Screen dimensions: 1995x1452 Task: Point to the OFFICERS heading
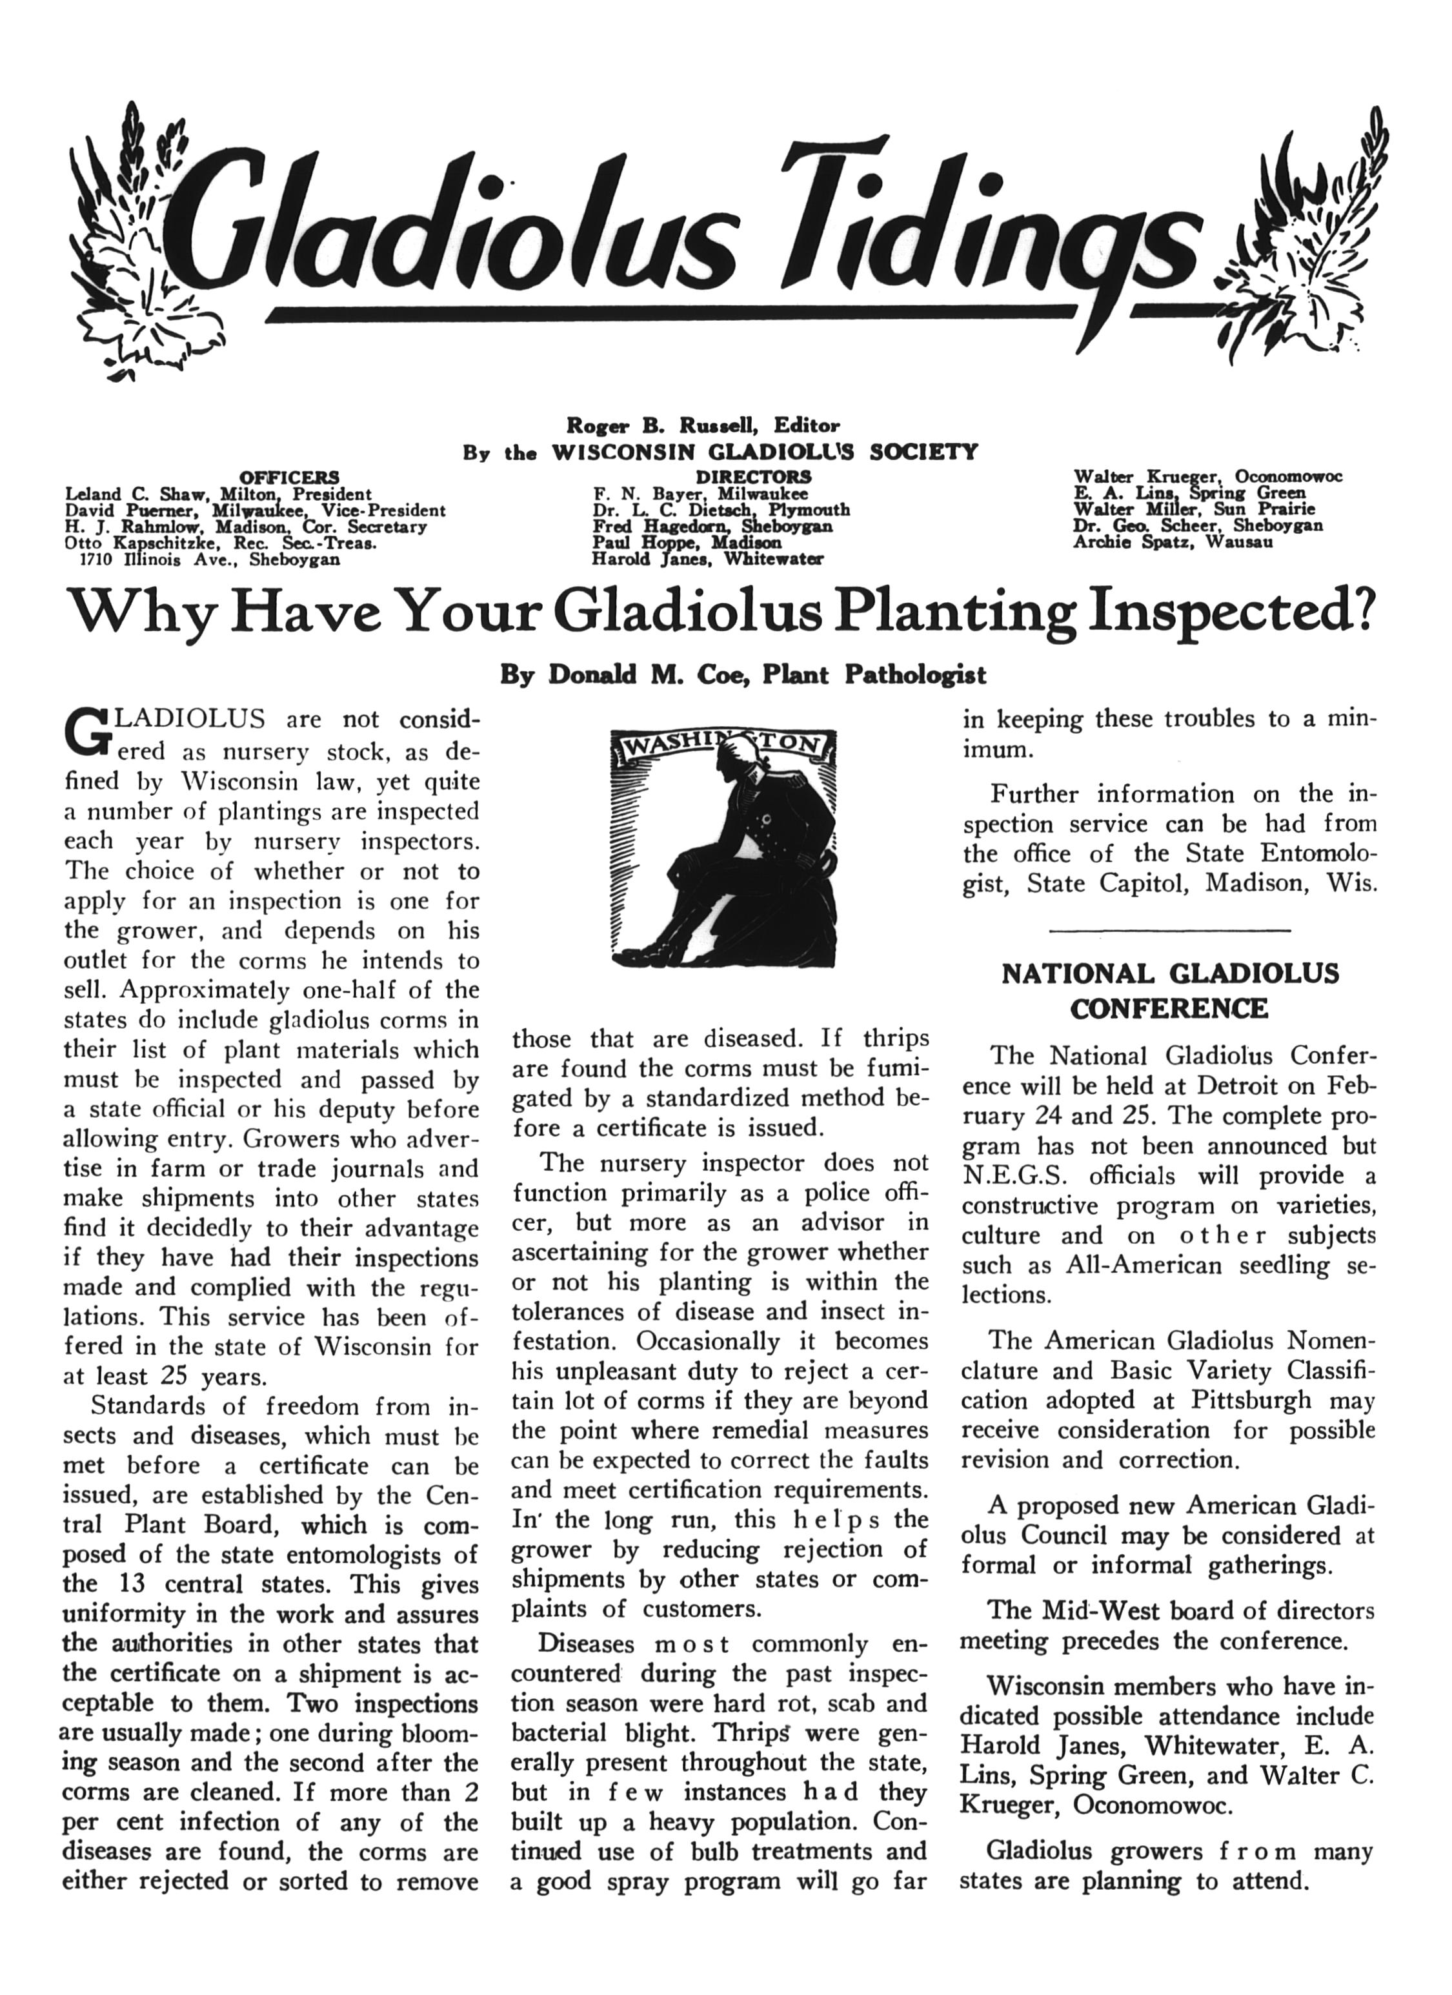[290, 478]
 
